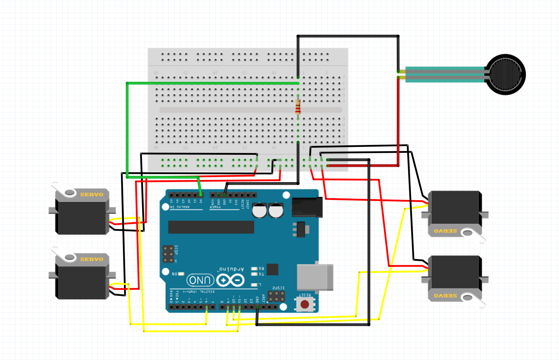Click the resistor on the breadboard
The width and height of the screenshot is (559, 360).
(298, 107)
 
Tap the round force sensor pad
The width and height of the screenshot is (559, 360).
(505, 74)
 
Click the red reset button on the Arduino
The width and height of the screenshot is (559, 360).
(305, 304)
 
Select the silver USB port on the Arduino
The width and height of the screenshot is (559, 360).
(315, 277)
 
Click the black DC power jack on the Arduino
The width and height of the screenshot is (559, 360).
(307, 207)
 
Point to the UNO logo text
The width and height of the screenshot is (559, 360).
(200, 280)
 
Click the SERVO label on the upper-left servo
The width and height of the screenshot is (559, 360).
(91, 195)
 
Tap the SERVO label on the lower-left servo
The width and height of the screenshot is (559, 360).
(91, 259)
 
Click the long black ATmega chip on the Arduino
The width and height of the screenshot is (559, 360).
(211, 227)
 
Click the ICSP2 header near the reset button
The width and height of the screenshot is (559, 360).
(276, 296)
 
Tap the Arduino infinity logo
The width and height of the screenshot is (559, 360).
(230, 280)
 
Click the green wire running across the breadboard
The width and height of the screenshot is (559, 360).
(213, 83)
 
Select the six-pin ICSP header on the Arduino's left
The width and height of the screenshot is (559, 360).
(168, 254)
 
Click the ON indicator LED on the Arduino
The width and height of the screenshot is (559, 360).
(181, 274)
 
